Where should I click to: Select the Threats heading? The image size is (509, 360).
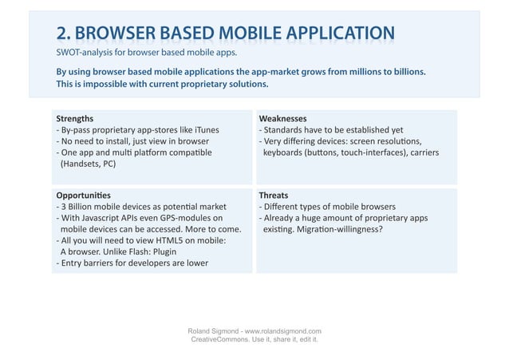pos(274,195)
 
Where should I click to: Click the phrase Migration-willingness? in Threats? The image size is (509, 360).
pos(337,228)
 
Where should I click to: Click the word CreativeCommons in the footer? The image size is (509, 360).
pos(220,340)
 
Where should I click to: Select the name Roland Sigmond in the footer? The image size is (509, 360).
pos(210,330)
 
